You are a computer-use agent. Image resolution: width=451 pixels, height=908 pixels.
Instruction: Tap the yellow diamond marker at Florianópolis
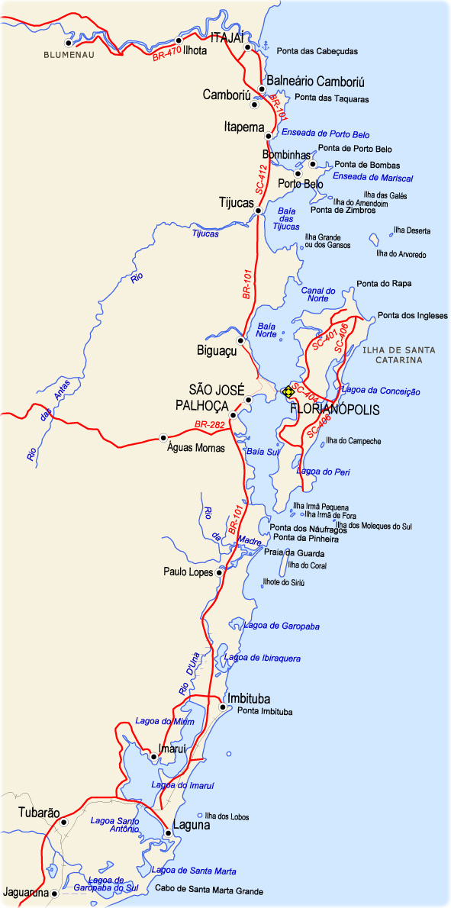coord(288,391)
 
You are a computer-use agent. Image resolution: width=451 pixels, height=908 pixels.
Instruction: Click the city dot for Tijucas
coord(259,211)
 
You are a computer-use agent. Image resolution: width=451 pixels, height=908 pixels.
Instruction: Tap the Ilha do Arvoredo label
coord(401,254)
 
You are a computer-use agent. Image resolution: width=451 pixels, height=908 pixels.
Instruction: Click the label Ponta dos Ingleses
coord(413,316)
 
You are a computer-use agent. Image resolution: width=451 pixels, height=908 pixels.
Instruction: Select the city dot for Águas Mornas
coord(163,437)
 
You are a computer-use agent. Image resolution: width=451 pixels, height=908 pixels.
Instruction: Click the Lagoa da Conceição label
coord(382,391)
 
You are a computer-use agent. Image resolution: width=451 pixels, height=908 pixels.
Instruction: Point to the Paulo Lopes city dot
coord(219,572)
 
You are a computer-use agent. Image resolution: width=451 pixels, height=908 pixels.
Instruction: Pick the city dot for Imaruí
coord(154,757)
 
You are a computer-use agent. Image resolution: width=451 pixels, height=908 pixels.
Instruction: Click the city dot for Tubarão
coord(64,823)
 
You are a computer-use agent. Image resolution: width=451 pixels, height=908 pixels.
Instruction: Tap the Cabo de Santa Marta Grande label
coord(209,890)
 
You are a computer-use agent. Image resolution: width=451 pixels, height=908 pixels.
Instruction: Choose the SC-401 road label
coord(325,340)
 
